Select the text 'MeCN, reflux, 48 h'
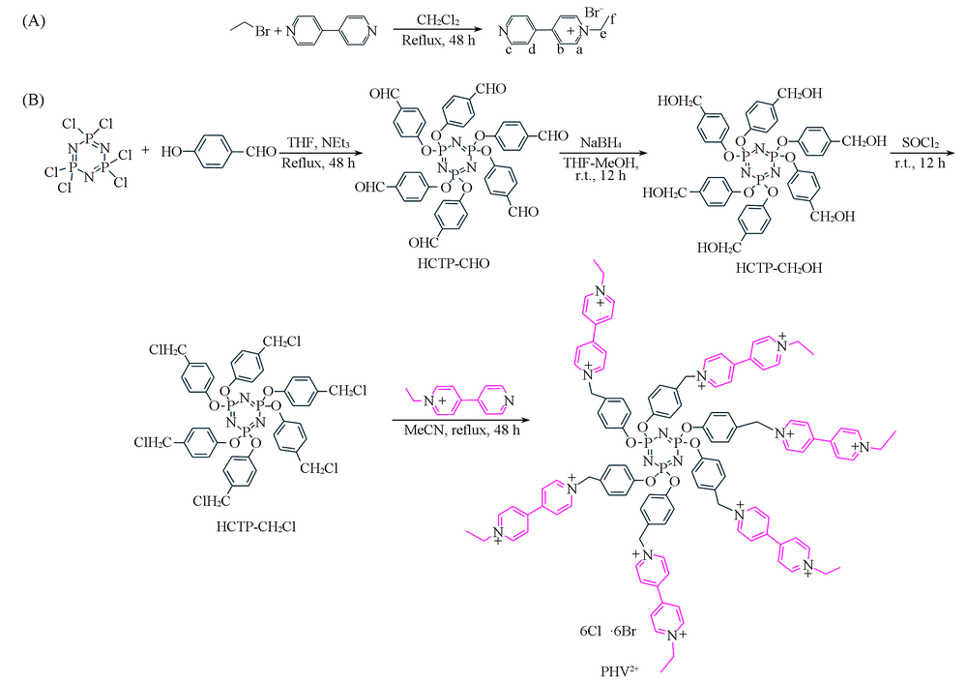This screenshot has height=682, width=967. point(462,432)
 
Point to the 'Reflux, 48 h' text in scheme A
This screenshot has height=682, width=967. point(436,41)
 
